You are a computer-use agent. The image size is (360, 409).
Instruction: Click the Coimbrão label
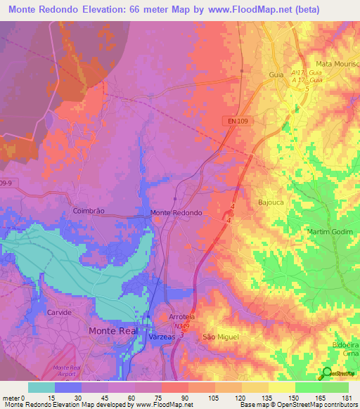89,210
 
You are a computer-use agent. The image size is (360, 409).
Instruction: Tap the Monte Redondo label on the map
176,212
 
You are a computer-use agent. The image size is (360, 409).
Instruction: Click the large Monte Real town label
115,330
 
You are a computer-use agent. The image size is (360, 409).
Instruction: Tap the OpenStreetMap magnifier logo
327,372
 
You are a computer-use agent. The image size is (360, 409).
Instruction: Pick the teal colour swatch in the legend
41,387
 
